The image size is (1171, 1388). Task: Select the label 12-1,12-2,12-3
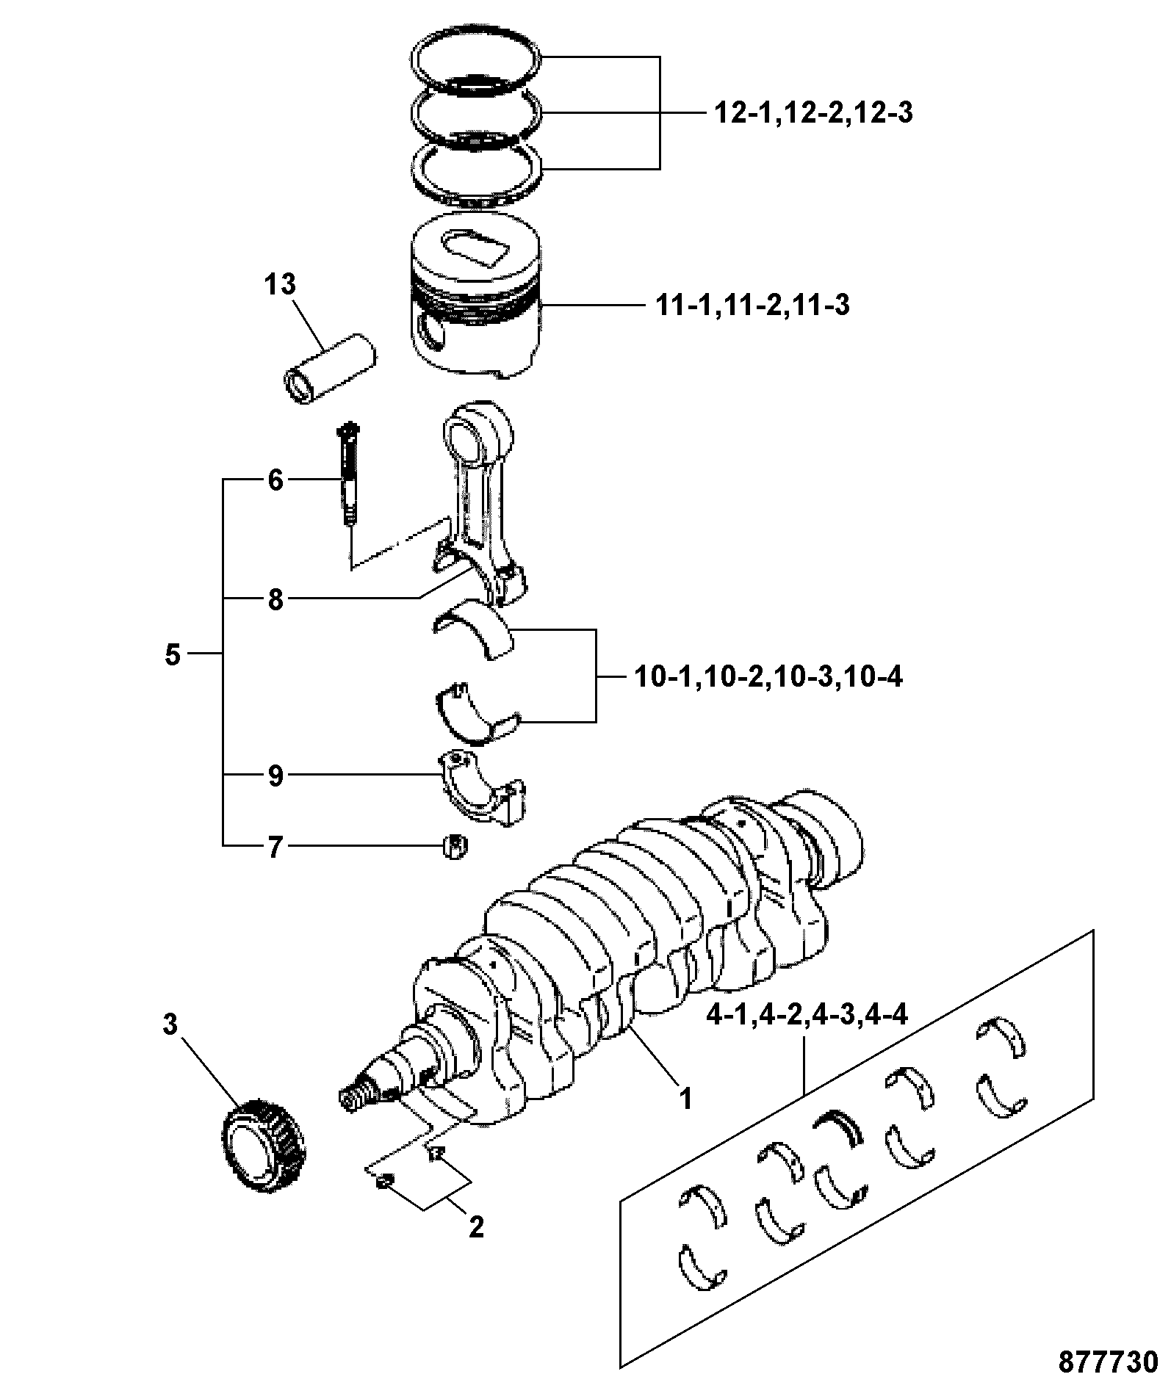click(813, 113)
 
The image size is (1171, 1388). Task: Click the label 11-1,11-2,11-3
click(752, 304)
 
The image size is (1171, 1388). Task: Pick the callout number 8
click(275, 600)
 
